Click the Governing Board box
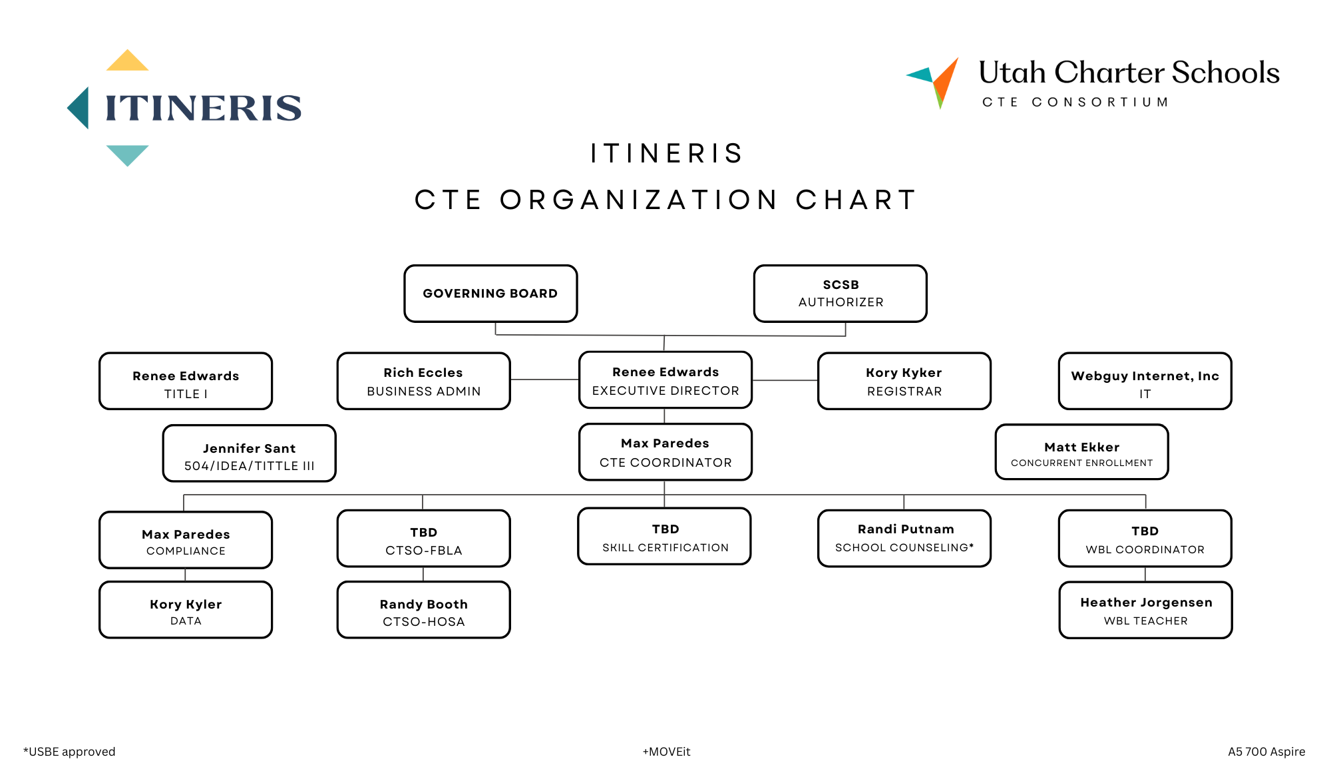coord(490,294)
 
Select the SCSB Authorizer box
coord(840,294)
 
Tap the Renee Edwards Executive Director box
coord(665,380)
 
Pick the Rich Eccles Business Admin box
coord(424,381)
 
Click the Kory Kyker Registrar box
coord(904,381)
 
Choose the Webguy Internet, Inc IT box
coord(1145,381)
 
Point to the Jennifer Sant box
coord(250,453)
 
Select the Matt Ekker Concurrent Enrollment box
coord(1082,452)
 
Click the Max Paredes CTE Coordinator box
coord(665,452)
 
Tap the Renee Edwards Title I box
coord(186,381)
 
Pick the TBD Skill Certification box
coord(665,537)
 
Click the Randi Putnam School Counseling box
coord(904,539)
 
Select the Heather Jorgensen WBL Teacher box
coord(1146,610)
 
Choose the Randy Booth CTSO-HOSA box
coord(424,610)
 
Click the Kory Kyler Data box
coord(186,610)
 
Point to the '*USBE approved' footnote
coord(69,752)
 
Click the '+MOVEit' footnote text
coord(666,752)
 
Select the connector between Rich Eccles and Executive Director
coord(544,380)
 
